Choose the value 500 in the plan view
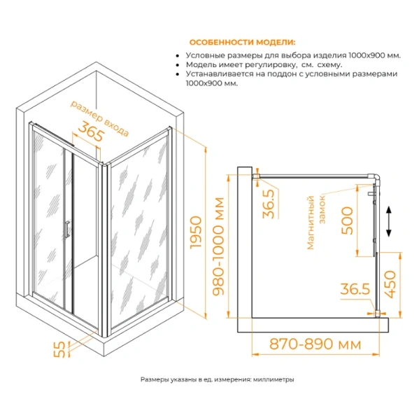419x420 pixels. click(x=346, y=221)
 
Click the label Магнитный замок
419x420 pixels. click(x=317, y=221)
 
